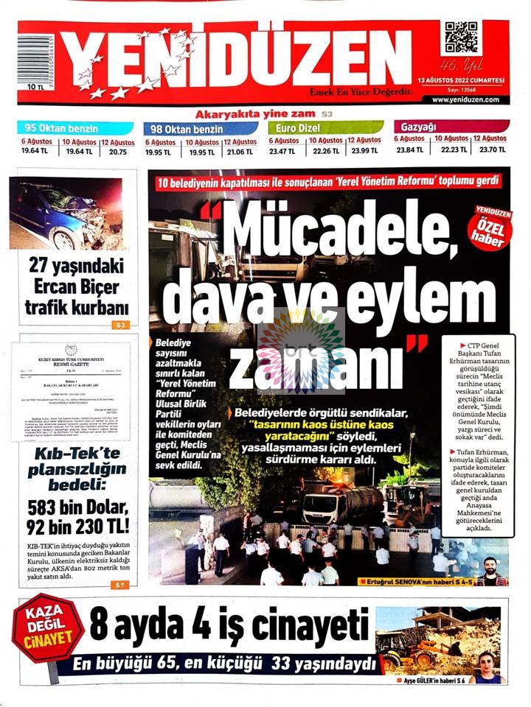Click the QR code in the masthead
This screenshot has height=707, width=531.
click(461, 36)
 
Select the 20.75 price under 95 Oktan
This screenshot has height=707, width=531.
click(118, 152)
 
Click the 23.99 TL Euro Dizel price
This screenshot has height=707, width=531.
click(364, 152)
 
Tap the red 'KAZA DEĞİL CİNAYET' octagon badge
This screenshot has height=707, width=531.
click(46, 627)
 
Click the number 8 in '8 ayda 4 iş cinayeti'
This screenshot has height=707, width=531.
click(100, 626)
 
